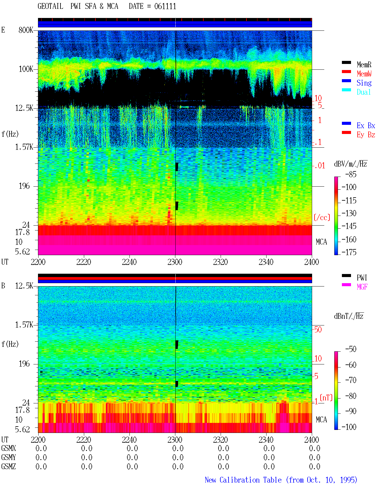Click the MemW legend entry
(364, 74)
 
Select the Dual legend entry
(363, 92)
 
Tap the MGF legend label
(362, 287)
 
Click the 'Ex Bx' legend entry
(366, 125)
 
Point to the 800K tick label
(26, 30)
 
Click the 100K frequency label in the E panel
(26, 69)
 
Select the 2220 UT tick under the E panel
(84, 262)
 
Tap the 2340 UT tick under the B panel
(266, 439)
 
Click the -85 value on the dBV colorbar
(351, 174)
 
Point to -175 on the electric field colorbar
(349, 252)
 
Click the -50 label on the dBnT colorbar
(351, 349)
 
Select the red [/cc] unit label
(322, 217)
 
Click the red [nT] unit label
(326, 397)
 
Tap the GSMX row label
(9, 448)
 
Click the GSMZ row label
(9, 466)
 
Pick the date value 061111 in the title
(165, 6)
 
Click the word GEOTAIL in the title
(50, 6)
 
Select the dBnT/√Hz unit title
(349, 316)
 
